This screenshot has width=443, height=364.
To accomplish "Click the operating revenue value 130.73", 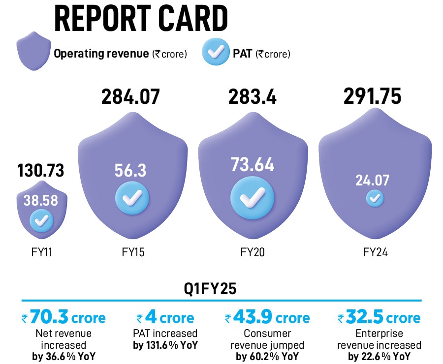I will point(41,171).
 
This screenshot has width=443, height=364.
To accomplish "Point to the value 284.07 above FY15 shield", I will point(131,96).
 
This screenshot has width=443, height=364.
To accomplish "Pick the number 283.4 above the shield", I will point(252,96).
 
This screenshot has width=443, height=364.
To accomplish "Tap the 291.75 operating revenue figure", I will point(373,96).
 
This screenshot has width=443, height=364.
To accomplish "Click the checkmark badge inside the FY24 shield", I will point(375,198).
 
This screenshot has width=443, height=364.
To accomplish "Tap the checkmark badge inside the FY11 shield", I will point(41,221).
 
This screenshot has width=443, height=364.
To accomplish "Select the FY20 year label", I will point(253,252).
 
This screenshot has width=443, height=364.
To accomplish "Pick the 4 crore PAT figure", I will point(166,317).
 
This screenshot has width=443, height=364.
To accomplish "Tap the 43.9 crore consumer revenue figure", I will point(267,317).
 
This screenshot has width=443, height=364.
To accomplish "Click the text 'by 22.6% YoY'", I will point(379,357).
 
